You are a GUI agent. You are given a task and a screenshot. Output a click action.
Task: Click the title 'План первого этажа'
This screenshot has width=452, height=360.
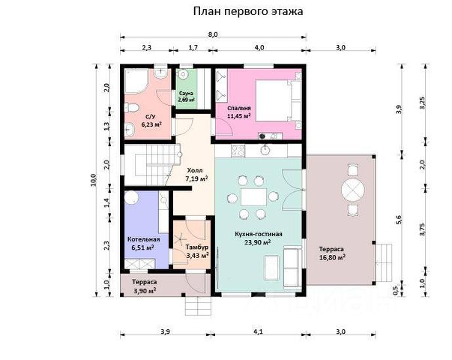pos(248,11)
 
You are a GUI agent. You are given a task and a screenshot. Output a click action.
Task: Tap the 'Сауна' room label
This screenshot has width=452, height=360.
pos(186,93)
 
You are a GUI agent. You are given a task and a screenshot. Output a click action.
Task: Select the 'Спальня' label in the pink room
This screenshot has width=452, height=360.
pos(239,108)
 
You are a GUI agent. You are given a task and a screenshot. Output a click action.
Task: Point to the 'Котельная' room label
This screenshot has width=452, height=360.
pos(144,239)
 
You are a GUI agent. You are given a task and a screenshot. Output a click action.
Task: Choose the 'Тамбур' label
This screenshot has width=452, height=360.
pos(197,247)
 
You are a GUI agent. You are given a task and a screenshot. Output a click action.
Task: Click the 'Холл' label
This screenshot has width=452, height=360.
pos(195,170)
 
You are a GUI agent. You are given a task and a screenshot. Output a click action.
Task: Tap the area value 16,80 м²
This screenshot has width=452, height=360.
pos(332,257)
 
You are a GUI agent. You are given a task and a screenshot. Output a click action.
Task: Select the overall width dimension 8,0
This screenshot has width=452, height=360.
pos(213,34)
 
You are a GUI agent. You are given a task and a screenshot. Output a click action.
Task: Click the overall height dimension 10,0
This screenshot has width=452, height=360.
pos(94,180)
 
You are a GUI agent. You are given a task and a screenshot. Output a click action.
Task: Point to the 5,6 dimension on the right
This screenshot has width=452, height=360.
pos(399,220)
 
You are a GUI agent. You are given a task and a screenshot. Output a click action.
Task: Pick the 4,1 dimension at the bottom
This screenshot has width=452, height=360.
pos(258,331)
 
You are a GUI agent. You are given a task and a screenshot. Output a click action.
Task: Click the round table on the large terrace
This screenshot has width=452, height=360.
pos(353,190)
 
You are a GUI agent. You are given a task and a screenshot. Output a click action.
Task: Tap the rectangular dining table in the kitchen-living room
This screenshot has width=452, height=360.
pos(253,197)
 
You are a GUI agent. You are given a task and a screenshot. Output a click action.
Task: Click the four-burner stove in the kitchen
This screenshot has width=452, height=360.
pos(238,151)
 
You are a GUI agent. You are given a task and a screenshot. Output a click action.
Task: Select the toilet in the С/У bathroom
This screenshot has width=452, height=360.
pos(131,108)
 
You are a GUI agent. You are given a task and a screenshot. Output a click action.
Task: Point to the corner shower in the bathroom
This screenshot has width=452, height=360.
pos(136,81)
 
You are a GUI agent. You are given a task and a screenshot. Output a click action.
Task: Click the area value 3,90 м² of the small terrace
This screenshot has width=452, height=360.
pos(145,291)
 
